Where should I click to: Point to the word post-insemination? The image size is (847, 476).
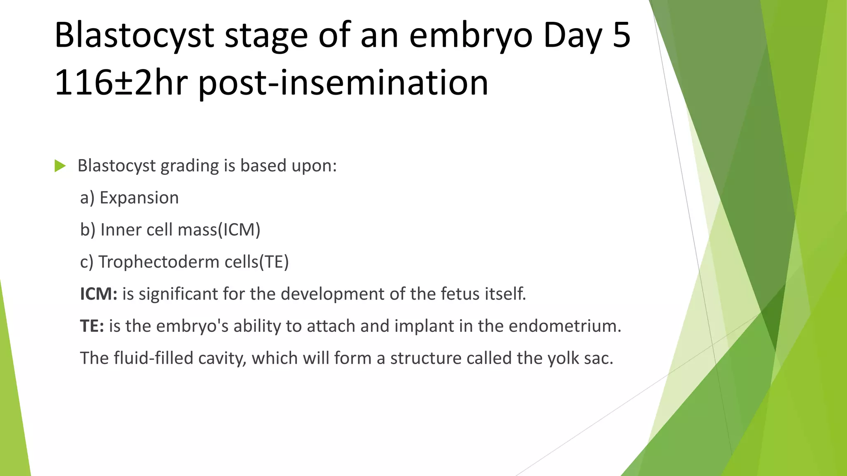pos(343,83)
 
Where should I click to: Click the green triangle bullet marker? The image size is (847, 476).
pos(60,166)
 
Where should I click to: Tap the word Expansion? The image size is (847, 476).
pos(139,198)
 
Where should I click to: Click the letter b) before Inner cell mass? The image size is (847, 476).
pos(88,230)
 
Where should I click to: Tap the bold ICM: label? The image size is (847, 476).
pos(98,294)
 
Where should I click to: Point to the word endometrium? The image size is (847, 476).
pos(565,326)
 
